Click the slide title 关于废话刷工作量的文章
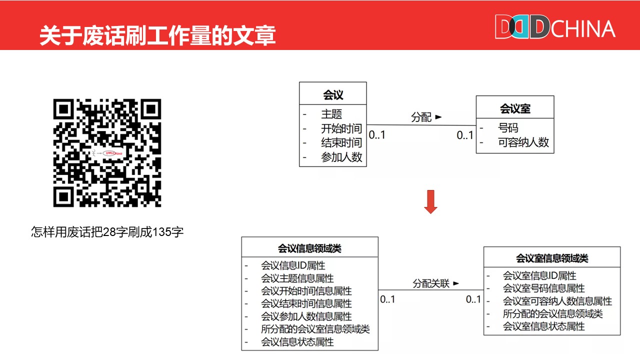point(157,36)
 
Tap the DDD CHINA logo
point(554,27)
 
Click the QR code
point(107,153)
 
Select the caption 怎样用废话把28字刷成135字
point(107,232)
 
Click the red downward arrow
point(430,202)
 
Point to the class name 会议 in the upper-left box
point(333,94)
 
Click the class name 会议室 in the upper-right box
point(515,108)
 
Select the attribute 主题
point(331,114)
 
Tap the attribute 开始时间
point(341,128)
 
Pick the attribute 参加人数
point(341,157)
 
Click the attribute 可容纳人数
point(523,142)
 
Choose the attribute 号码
point(508,128)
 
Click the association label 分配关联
point(431,283)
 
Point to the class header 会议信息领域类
point(310,248)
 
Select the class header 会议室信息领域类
point(552,258)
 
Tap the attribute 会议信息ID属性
point(293,265)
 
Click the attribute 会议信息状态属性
point(297,342)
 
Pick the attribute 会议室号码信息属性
point(544,288)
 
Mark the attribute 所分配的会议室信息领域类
point(315,329)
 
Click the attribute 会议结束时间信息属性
point(306,304)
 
